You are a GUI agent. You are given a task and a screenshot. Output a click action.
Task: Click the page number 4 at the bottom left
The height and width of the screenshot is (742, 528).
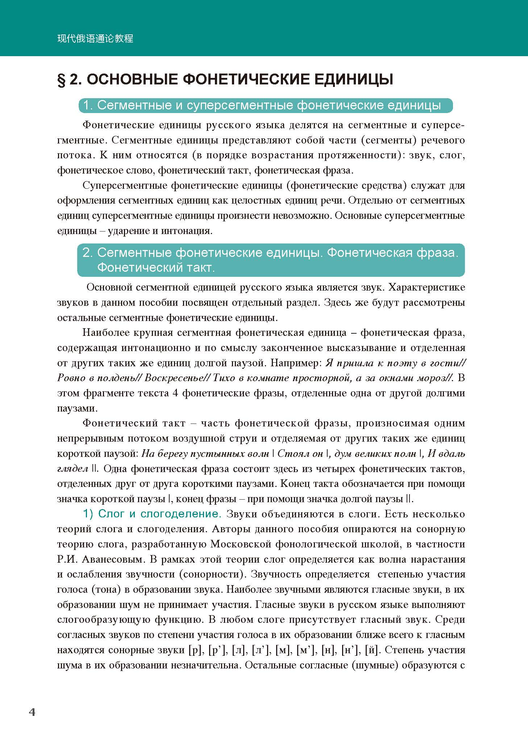32,712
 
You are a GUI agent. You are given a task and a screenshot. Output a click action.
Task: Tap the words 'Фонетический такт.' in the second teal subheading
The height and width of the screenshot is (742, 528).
156,268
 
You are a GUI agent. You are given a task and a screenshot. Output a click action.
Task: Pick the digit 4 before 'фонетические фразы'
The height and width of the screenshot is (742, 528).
175,393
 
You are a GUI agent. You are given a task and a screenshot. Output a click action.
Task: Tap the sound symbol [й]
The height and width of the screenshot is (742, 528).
372,650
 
